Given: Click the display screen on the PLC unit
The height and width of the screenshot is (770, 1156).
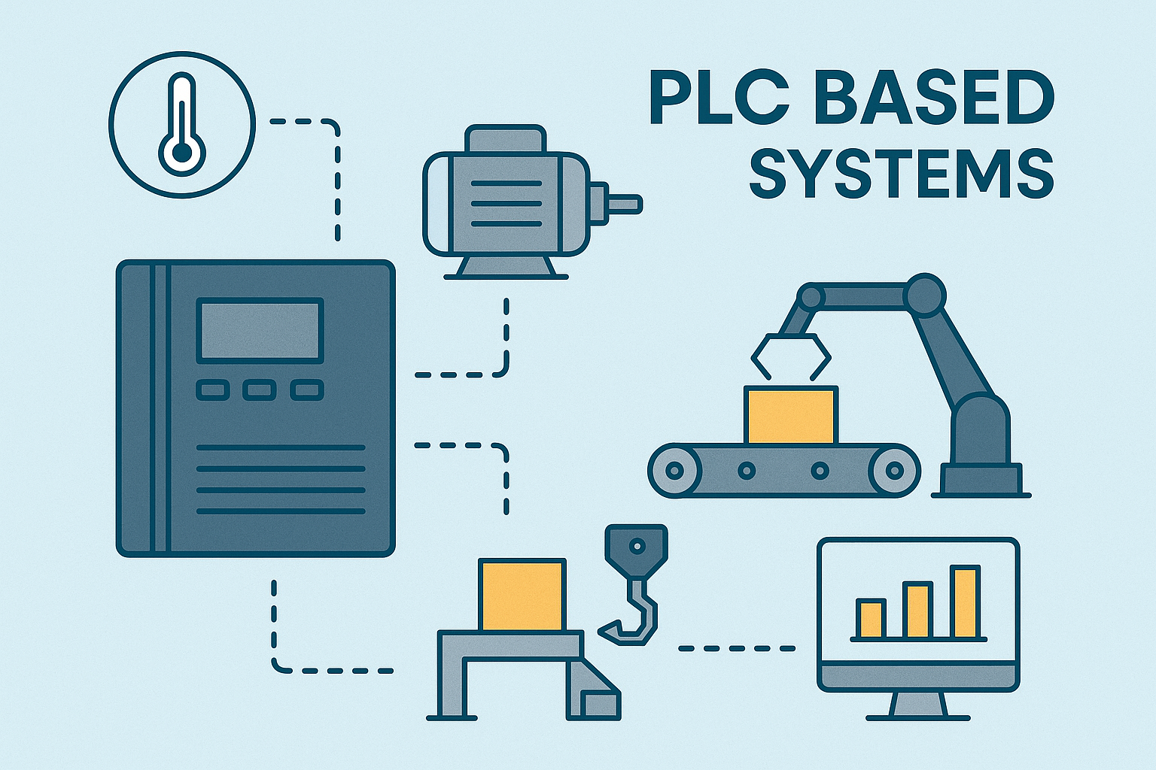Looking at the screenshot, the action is point(260,331).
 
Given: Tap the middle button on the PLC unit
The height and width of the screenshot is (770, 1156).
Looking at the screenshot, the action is point(260,390).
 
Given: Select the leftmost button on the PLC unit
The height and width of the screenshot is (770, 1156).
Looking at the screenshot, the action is point(213,390).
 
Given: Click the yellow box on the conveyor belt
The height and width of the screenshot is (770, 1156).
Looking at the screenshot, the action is point(791,414).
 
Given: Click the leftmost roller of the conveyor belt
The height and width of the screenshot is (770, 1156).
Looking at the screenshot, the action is point(674,470).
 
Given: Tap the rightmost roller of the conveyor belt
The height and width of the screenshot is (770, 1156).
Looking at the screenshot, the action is point(894,470).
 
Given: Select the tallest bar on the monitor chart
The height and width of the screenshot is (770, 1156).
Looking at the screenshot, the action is point(965,603).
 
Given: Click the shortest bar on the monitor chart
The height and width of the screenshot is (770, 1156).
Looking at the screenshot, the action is point(871,619).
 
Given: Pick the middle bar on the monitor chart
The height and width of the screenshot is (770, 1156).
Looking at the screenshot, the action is point(917,611).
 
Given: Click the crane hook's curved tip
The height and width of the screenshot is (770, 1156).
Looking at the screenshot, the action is point(608,630).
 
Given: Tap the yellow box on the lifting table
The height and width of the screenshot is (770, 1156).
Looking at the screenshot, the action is point(522,595).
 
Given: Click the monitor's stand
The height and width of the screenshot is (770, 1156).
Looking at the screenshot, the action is point(918,706).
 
